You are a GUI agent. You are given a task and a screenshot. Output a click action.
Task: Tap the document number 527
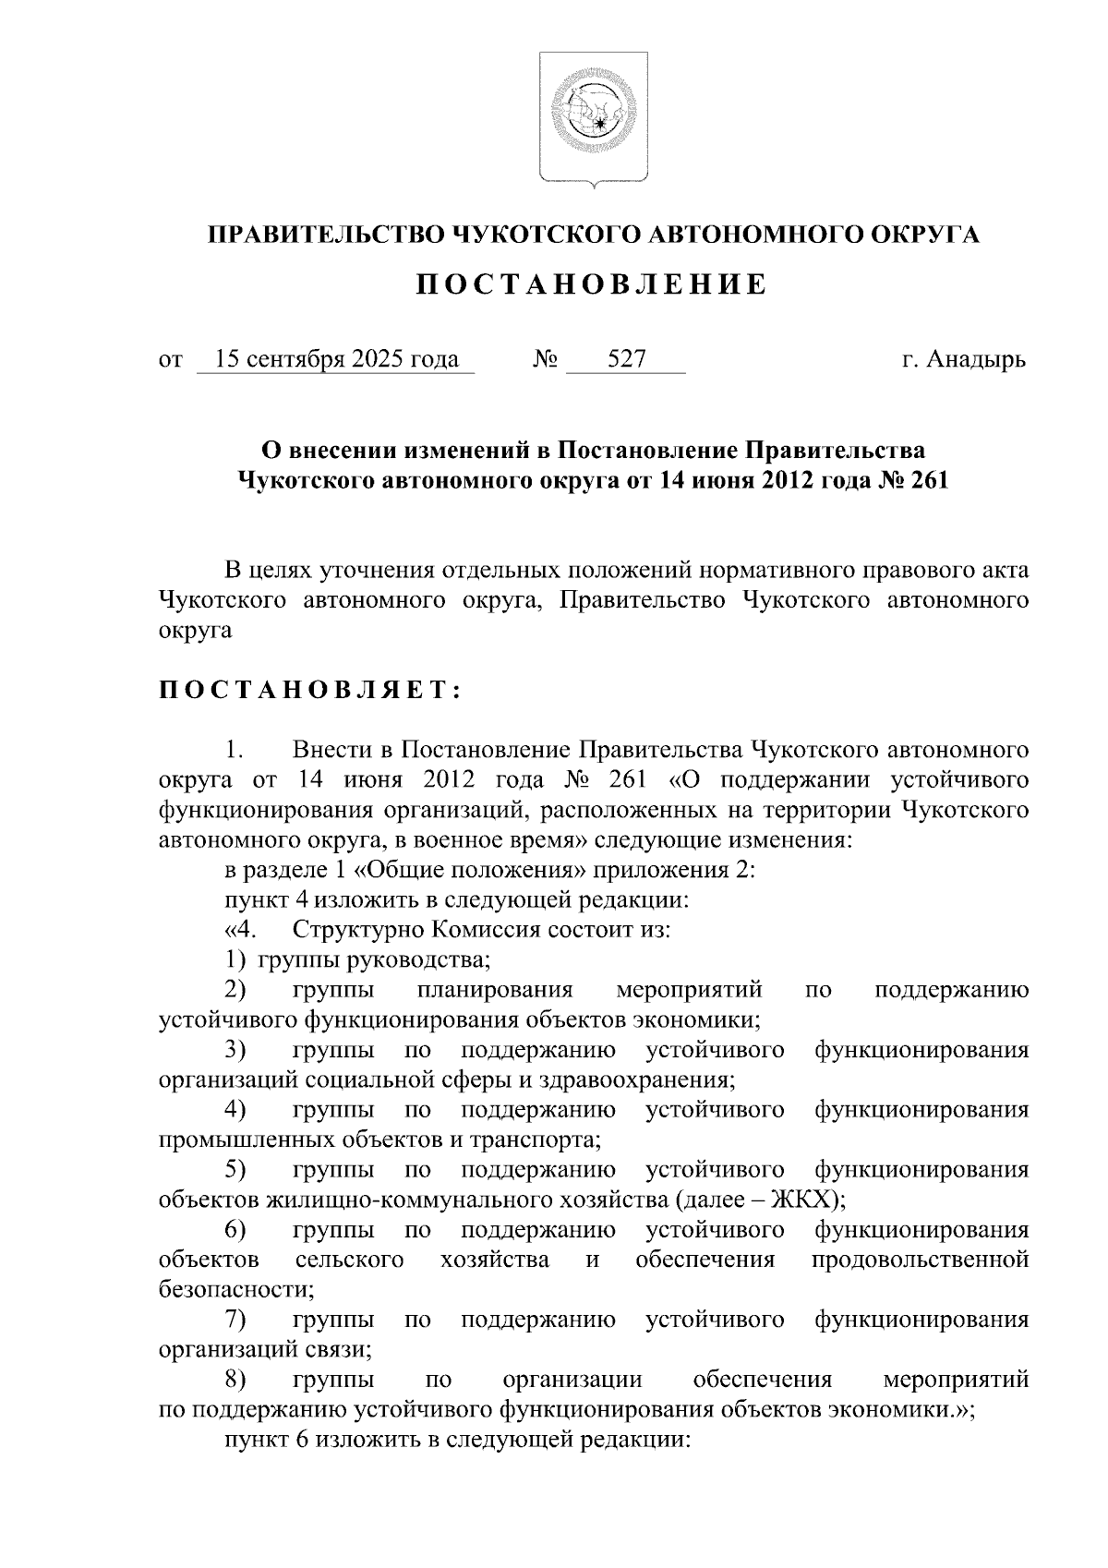pos(626,358)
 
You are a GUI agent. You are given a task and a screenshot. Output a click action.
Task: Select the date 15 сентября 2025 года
pos(336,358)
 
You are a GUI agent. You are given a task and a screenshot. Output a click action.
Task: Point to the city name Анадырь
pos(976,358)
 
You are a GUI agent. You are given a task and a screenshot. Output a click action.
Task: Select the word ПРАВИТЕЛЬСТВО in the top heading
pos(323,235)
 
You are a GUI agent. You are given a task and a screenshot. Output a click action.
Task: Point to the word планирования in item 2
pos(495,990)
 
